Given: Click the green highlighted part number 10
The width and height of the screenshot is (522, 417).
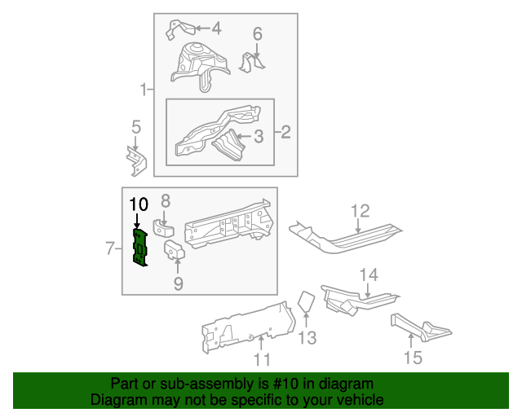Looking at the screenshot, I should tap(141, 247).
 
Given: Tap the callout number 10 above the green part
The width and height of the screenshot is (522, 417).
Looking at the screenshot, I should tap(139, 203).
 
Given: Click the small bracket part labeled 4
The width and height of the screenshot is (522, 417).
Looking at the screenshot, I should tap(176, 29).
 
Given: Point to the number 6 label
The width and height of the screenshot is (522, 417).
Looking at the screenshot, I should tap(257, 34).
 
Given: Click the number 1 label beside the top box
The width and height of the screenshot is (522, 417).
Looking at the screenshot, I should tap(144, 90).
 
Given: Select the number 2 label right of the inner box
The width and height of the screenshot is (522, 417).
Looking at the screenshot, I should tap(285, 132).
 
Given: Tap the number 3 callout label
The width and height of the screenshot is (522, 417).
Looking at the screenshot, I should tap(258, 136).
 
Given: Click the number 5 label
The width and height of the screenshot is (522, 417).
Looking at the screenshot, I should tap(135, 126).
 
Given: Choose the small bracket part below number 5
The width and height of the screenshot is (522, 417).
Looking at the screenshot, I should tap(135, 160).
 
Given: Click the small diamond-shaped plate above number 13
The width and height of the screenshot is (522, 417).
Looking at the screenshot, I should tap(306, 301).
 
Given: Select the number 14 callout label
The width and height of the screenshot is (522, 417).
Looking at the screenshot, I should tap(369, 274).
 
